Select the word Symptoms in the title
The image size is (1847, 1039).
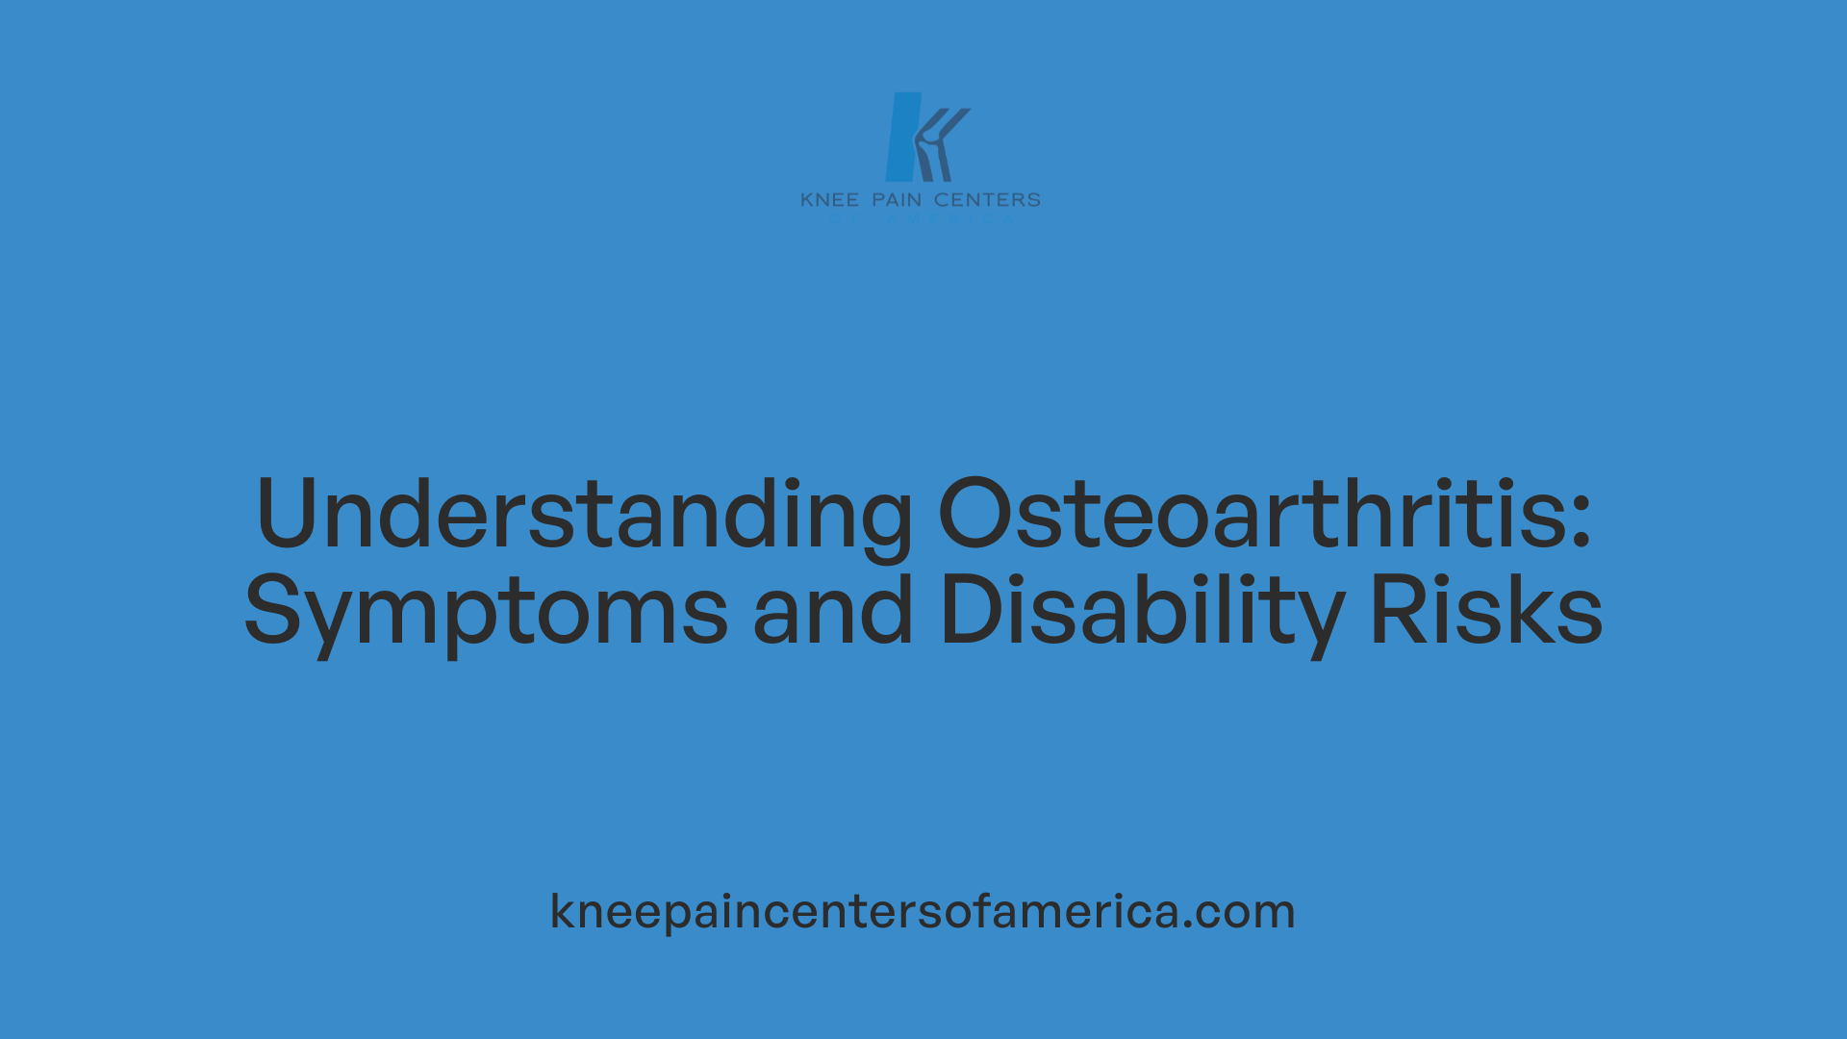(486, 611)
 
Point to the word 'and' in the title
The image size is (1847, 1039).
(832, 609)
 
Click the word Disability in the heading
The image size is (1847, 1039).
(1141, 611)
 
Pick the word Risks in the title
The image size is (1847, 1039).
(1485, 609)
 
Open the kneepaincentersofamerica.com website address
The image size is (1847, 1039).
(923, 910)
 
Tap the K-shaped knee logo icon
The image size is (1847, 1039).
(925, 137)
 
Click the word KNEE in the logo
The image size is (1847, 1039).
(830, 200)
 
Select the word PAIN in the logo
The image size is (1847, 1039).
(897, 200)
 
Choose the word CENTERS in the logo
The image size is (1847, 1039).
(987, 200)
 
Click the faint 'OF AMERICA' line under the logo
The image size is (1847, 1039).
(922, 218)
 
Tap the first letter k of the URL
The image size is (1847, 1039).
(562, 910)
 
